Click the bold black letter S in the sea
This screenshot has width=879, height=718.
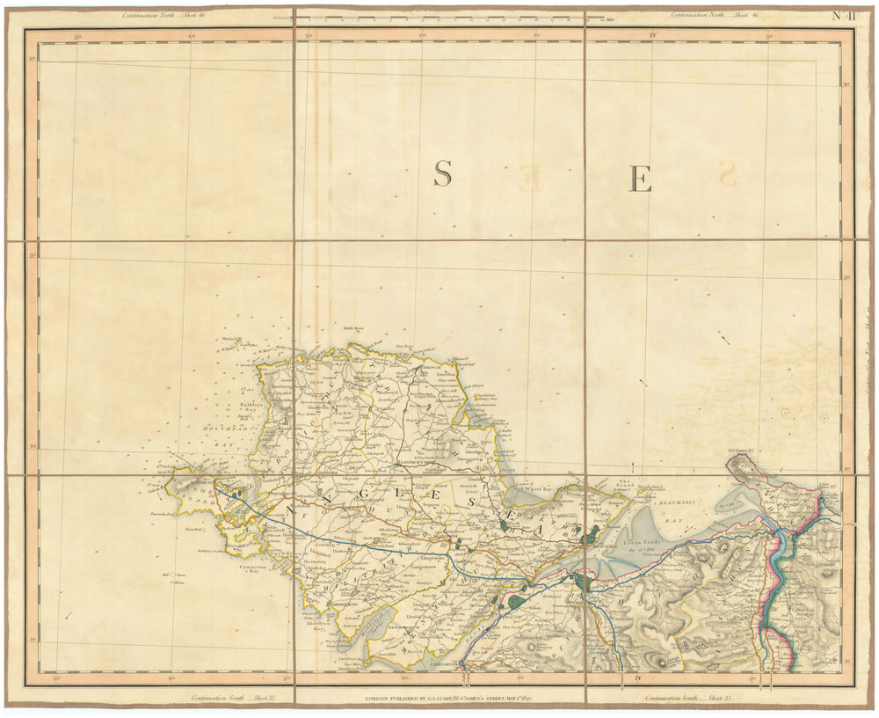[442, 174]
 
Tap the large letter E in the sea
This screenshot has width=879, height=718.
[641, 179]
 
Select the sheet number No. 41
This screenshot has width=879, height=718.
[845, 15]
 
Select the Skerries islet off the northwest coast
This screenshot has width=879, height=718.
[231, 340]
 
